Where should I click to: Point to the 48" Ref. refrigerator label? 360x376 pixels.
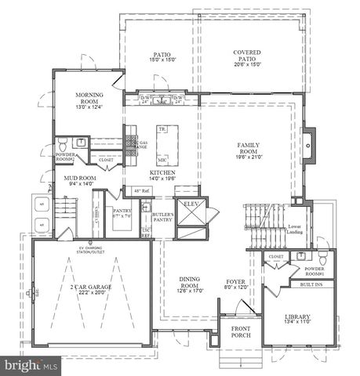click(142, 191)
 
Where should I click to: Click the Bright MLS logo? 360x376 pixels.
click(31, 365)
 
